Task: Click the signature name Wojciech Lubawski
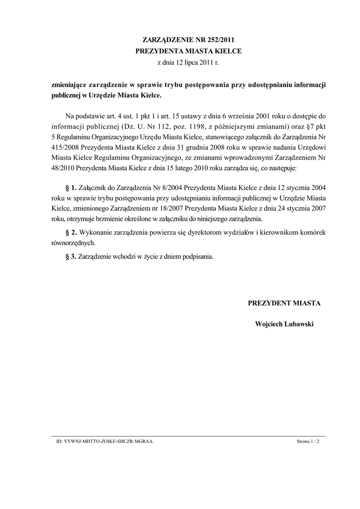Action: point(284,324)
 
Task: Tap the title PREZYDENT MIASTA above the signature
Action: point(284,303)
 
